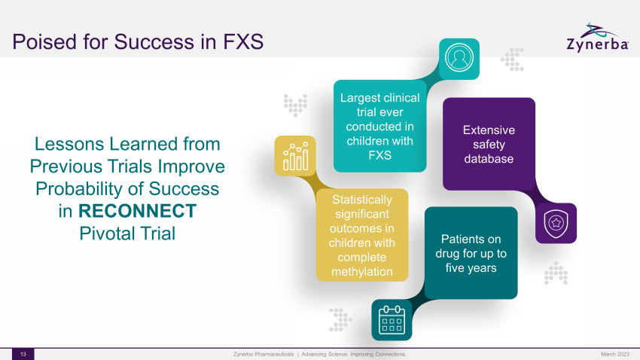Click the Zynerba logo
598,38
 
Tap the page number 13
23,354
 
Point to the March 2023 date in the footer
615,354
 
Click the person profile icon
459,57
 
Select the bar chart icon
295,157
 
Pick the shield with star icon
556,223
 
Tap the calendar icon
392,320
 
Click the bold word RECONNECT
137,211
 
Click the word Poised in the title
44,41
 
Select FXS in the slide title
243,41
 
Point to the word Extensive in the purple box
489,130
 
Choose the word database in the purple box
489,159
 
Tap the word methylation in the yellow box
361,271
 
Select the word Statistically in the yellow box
362,200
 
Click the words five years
471,268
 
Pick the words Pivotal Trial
127,233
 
